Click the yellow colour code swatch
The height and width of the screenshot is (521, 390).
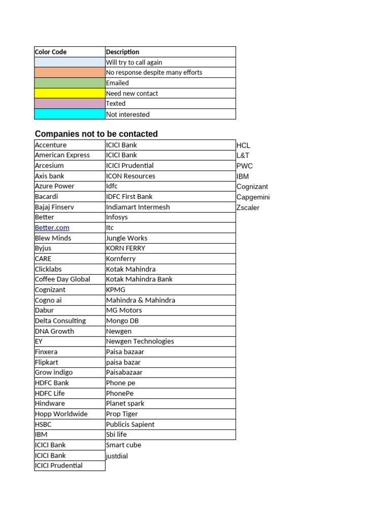70,93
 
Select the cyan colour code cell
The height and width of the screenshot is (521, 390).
70,114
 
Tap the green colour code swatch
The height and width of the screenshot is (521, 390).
70,83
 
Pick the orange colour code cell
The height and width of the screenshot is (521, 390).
70,72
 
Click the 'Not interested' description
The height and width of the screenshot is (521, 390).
128,114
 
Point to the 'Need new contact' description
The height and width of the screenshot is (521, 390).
132,94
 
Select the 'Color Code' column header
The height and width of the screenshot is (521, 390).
51,52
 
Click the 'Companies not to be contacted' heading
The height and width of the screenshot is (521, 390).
96,134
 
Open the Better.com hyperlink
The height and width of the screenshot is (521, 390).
52,227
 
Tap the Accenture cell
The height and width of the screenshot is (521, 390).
51,145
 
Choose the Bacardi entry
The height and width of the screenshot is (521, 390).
47,196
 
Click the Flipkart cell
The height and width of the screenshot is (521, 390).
47,362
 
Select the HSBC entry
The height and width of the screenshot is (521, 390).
43,424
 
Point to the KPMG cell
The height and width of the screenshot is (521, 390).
116,290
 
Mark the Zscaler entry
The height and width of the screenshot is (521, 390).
248,208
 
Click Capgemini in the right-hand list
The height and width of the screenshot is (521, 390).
253,197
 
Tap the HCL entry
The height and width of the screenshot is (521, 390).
244,146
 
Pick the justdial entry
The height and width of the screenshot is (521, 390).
117,456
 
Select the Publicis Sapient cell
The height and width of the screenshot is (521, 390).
131,424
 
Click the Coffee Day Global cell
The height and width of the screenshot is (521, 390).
62,279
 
